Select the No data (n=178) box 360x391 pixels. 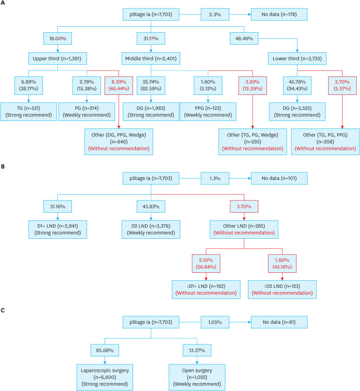click(x=279, y=14)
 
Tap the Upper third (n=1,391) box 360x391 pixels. click(x=57, y=58)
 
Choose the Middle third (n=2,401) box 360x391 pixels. click(x=151, y=58)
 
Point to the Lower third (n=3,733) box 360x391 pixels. click(x=297, y=58)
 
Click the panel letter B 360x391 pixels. click(x=3, y=166)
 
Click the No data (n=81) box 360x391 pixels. click(x=279, y=322)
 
